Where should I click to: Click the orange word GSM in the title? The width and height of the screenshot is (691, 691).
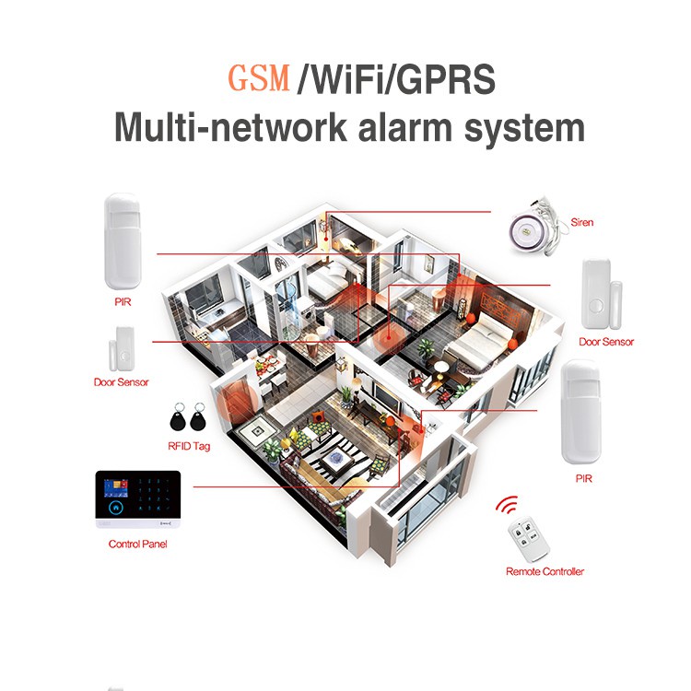[259, 78]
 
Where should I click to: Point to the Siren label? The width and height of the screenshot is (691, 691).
[581, 222]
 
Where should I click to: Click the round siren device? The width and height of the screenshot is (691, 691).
[525, 232]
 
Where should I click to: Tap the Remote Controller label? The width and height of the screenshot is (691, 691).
[545, 571]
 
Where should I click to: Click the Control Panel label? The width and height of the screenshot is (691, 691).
[137, 544]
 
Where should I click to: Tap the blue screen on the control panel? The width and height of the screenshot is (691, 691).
[115, 488]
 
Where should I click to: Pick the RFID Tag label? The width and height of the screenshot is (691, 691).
[189, 446]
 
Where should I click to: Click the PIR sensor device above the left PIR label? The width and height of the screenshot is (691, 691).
[122, 241]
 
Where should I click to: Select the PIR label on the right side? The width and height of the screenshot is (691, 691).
[584, 478]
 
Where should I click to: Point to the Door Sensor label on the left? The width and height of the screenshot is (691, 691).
[122, 382]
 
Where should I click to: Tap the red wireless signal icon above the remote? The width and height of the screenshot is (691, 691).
[507, 505]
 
